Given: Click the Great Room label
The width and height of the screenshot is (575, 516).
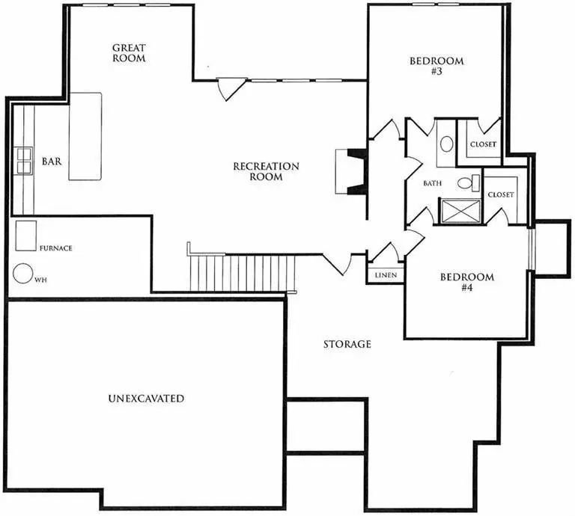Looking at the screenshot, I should [129, 52].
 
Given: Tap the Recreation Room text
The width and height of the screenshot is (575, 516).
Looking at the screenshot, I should [267, 171].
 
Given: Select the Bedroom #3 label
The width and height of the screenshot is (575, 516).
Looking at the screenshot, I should [436, 67].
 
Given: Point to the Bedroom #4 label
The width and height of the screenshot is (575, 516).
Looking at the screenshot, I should [466, 282].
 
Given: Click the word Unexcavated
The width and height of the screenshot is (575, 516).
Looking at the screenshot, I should [146, 399].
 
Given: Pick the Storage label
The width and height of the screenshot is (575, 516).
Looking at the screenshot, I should [347, 345].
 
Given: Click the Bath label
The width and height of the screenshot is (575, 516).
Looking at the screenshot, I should [433, 182].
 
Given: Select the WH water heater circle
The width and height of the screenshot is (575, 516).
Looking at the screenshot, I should [22, 273].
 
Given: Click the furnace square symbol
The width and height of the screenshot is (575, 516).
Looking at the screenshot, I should [27, 235].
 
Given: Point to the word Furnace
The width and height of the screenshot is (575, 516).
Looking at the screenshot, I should [55, 248].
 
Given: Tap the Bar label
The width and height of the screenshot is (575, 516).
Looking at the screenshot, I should [51, 161].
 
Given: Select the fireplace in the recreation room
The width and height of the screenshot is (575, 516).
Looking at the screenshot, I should [352, 171].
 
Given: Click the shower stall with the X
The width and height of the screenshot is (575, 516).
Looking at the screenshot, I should [459, 210].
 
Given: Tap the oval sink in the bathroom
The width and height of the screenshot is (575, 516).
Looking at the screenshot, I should [445, 143].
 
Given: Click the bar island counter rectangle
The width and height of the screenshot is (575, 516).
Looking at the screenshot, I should [85, 136].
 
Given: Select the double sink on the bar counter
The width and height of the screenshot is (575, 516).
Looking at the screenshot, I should [22, 161].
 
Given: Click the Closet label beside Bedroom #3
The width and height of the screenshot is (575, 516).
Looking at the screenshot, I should [482, 144].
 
